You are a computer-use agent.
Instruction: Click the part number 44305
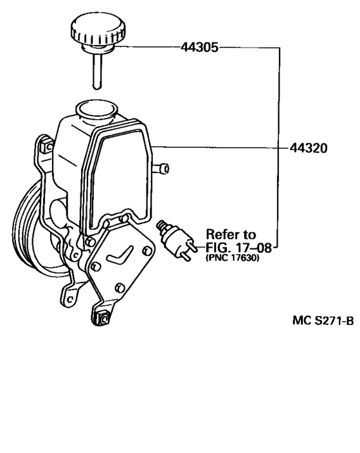pos(199,47)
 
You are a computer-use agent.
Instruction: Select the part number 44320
pos(309,148)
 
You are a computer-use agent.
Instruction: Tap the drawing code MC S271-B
pos(323,320)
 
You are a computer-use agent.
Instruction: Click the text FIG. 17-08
pos(239,248)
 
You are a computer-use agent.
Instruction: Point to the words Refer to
pos(231,234)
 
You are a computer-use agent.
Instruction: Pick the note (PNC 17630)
pos(232,257)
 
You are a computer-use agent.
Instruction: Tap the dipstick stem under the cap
pos(97,71)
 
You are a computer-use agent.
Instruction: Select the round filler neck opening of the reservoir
pos(96,109)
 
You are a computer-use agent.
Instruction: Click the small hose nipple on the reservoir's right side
pos(161,169)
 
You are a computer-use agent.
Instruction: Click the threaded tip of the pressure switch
pos(161,225)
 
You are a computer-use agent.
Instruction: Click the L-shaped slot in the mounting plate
pos(120,255)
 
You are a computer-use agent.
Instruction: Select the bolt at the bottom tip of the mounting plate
pos(104,319)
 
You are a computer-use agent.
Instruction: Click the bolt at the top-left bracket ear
pos(46,147)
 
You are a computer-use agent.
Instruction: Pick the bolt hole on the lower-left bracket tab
pos(69,299)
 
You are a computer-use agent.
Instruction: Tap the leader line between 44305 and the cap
pos(147,47)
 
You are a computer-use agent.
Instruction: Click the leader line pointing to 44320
pos(221,147)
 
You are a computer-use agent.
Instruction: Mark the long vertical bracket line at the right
pos(279,147)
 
